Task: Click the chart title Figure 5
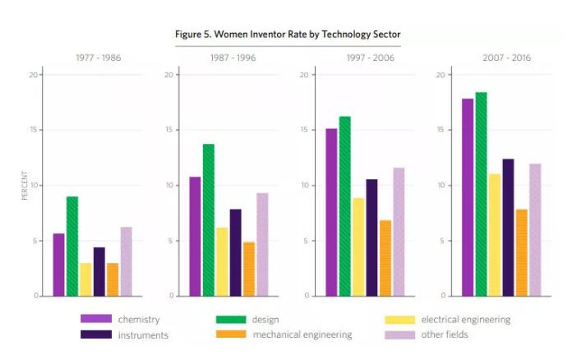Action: pyautogui.click(x=288, y=35)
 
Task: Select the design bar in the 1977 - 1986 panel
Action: pyautogui.click(x=72, y=246)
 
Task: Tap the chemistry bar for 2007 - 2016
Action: pyautogui.click(x=468, y=197)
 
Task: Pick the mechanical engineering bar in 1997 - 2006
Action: pyautogui.click(x=385, y=257)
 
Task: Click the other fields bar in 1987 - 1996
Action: pyautogui.click(x=262, y=244)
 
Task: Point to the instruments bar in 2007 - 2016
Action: pyautogui.click(x=508, y=227)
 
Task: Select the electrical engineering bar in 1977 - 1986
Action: pyautogui.click(x=85, y=279)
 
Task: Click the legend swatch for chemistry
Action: pyautogui.click(x=96, y=319)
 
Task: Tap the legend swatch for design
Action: pyautogui.click(x=231, y=319)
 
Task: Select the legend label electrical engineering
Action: pyautogui.click(x=465, y=319)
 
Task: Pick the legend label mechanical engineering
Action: pyautogui.click(x=302, y=335)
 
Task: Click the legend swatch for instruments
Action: pyautogui.click(x=96, y=335)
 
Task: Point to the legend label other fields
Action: pyautogui.click(x=444, y=335)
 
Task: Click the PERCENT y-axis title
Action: pyautogui.click(x=25, y=185)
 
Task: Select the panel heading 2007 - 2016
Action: pyautogui.click(x=507, y=58)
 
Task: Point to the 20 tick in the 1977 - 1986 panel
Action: pyautogui.click(x=35, y=75)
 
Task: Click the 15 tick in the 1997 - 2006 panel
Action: pyautogui.click(x=304, y=130)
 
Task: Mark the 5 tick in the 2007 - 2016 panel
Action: pyautogui.click(x=441, y=241)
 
